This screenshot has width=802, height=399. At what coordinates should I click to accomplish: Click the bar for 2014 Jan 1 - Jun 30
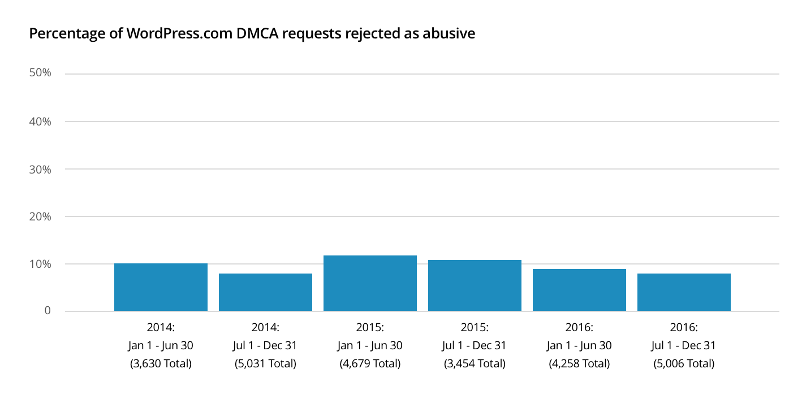pos(161,287)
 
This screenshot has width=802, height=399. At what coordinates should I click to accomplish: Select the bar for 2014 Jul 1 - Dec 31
pos(265,292)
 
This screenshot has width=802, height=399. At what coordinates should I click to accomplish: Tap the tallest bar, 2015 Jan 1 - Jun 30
pos(370,283)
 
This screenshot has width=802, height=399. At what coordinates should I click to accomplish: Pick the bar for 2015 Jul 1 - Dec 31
pos(475,285)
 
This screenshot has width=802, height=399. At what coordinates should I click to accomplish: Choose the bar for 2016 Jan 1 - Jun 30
pos(579,290)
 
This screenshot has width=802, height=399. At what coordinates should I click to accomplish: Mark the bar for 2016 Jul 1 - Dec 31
pos(684,292)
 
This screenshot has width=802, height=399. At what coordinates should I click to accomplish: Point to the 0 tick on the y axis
pos(48,311)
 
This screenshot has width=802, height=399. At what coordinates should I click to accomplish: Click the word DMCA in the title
pos(253,34)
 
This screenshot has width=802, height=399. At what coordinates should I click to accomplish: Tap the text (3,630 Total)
pos(161,363)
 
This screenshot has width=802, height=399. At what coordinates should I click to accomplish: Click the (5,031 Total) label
pos(265,363)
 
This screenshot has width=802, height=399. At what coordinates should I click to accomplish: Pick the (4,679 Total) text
pos(370,363)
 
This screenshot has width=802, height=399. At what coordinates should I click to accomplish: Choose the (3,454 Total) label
pos(475,363)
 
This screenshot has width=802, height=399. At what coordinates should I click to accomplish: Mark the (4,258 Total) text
pos(579,363)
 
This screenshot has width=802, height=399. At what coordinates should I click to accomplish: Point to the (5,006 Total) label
pos(684,363)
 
